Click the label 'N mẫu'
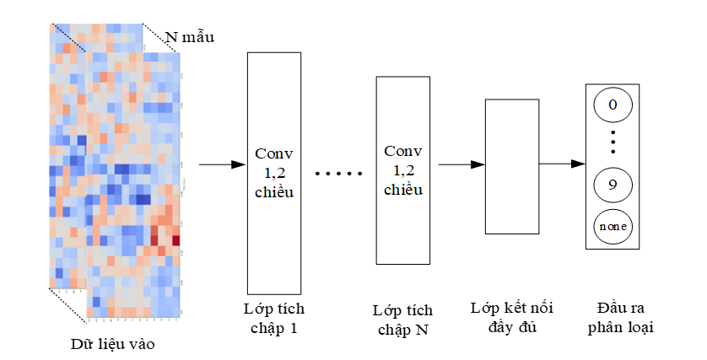pyautogui.click(x=189, y=37)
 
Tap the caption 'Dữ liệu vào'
pyautogui.click(x=112, y=344)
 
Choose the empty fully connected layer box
pyautogui.click(x=512, y=165)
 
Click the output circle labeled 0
pyautogui.click(x=613, y=105)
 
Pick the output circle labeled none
pyautogui.click(x=613, y=226)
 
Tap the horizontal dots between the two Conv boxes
pyautogui.click(x=337, y=174)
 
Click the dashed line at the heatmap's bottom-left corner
pyautogui.click(x=67, y=305)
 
